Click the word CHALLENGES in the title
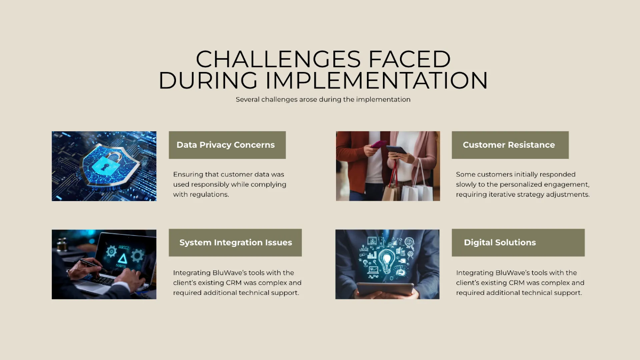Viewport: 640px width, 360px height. [278, 59]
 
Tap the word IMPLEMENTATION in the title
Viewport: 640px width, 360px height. [377, 81]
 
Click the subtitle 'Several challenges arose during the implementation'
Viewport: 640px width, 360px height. [323, 99]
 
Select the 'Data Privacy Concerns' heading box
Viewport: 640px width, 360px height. [227, 145]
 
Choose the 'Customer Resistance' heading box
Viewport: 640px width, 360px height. [510, 145]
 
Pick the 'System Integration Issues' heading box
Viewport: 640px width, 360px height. [235, 243]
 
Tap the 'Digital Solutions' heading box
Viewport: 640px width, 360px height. [518, 243]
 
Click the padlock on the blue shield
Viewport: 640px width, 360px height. [106, 163]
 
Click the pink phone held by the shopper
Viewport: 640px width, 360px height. [379, 144]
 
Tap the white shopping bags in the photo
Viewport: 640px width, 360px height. [417, 189]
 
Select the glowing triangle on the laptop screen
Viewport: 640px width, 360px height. [123, 259]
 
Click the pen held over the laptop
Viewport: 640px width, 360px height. [92, 263]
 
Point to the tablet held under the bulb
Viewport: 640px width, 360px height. [385, 290]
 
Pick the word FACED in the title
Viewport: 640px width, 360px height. [410, 59]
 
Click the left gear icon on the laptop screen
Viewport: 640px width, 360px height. [111, 251]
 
